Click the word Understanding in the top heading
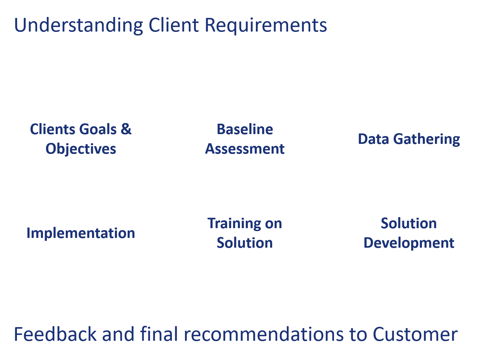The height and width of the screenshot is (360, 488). (78, 25)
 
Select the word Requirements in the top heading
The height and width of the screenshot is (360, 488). (266, 25)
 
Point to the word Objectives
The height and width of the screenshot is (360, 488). (81, 149)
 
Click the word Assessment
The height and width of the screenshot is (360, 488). (245, 149)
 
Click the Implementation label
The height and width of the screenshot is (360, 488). (81, 233)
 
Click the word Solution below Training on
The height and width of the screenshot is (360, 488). (245, 243)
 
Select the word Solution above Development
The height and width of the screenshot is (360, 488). (409, 223)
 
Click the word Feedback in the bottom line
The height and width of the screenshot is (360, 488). (55, 334)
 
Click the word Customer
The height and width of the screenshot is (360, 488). (415, 334)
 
